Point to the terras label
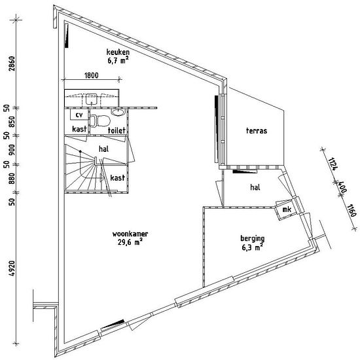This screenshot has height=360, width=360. click(x=256, y=131)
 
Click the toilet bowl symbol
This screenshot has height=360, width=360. click(x=100, y=120)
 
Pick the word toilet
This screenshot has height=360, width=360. click(x=117, y=130)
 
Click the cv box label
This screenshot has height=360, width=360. click(x=79, y=115)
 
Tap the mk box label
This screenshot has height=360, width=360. click(x=286, y=209)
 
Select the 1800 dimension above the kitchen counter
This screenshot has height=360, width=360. click(x=91, y=77)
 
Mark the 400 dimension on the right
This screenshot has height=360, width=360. click(x=341, y=188)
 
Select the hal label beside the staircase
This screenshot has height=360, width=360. click(x=103, y=149)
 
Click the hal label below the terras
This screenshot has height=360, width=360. click(x=255, y=187)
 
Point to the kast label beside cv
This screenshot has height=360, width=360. click(x=79, y=130)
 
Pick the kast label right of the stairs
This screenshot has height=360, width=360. click(x=118, y=178)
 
